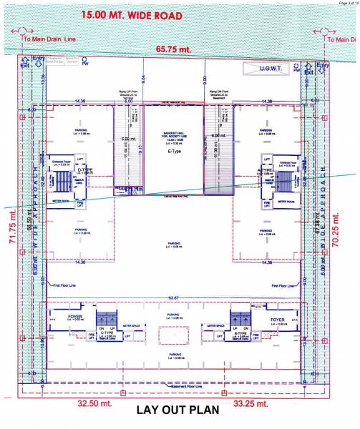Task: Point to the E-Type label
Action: click(175, 152)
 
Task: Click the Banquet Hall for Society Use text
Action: click(175, 137)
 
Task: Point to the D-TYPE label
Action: click(86, 169)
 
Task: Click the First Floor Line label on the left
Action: click(67, 285)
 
